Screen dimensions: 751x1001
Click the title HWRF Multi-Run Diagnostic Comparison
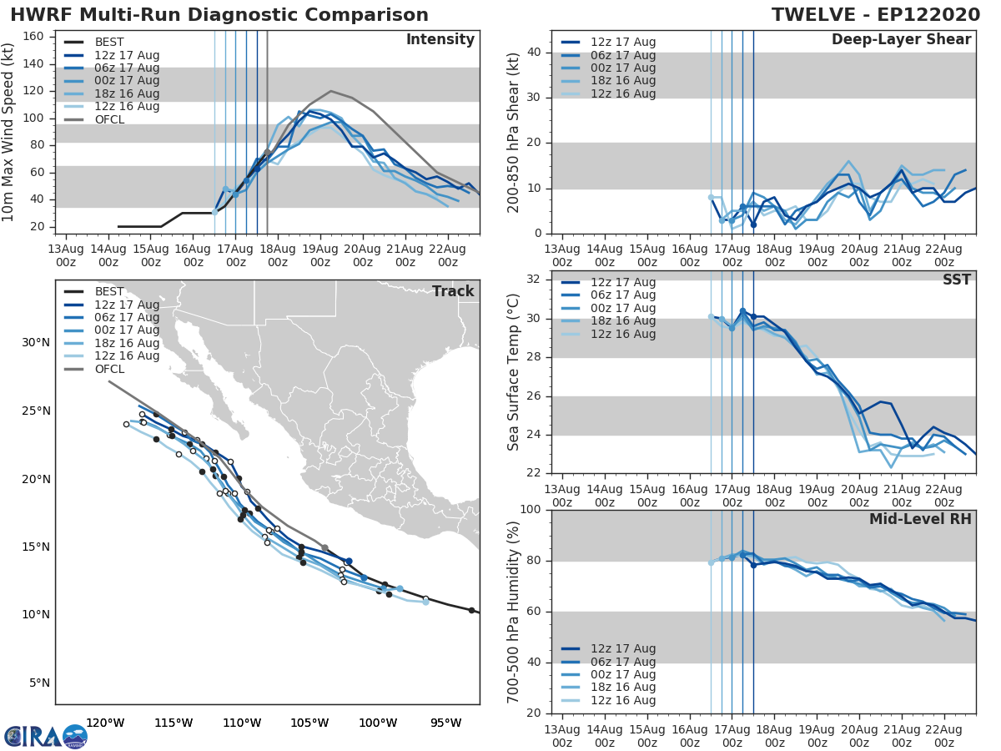point(219,15)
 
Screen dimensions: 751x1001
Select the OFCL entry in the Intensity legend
point(108,119)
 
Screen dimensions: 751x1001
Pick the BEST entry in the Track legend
point(108,291)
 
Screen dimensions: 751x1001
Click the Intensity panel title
point(440,40)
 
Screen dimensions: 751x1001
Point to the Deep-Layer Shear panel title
point(901,40)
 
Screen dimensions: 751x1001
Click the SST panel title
point(957,280)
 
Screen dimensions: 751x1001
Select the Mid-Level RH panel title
point(920,519)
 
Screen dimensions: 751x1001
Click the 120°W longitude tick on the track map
point(105,723)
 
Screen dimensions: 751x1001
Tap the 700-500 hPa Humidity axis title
point(514,611)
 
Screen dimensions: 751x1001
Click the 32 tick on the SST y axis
point(533,280)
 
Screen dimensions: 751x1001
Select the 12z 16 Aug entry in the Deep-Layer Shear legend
point(622,93)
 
